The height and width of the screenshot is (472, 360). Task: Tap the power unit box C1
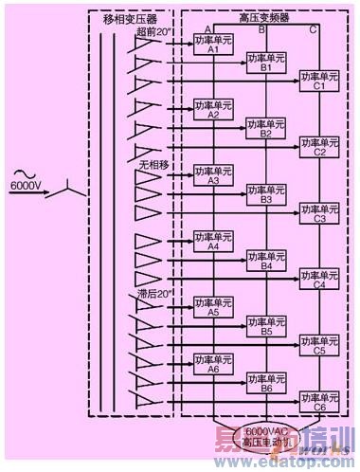319,81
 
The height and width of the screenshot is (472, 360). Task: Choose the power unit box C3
319,212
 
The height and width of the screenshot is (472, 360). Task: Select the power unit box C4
319,278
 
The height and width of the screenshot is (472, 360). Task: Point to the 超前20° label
153,32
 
